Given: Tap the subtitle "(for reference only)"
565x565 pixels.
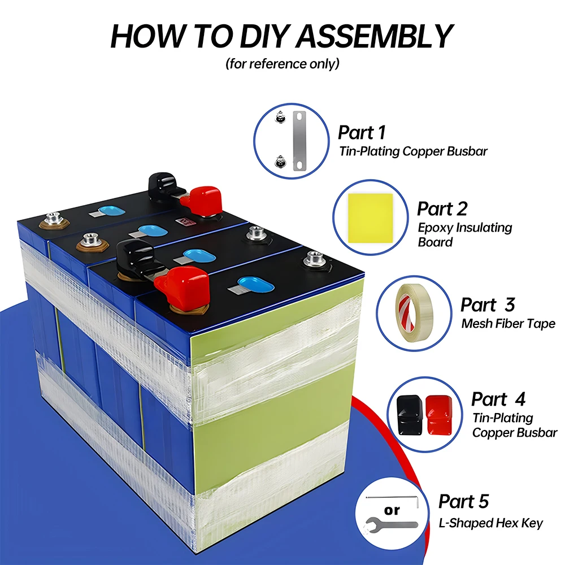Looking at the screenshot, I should click(x=282, y=63).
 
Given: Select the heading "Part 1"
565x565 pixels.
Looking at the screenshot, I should click(x=362, y=133).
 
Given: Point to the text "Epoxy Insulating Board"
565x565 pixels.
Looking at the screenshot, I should click(x=464, y=234).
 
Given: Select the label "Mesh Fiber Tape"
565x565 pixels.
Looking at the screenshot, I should click(x=508, y=324).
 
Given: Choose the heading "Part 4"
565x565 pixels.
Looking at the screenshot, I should click(x=498, y=399).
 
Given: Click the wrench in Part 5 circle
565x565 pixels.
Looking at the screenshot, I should click(x=390, y=524).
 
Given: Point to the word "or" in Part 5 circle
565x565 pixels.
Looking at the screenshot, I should click(x=392, y=510).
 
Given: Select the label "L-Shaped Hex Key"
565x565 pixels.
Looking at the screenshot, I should click(x=490, y=524).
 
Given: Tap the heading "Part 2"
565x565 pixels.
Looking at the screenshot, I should click(x=442, y=208).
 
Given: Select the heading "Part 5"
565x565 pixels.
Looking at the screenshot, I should click(x=463, y=501).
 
